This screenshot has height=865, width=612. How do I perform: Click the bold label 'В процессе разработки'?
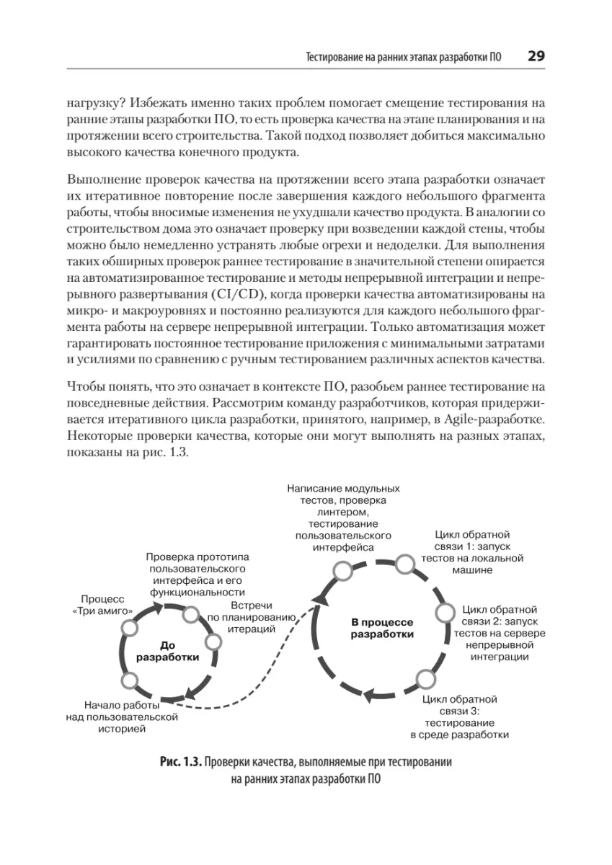[x=381, y=627]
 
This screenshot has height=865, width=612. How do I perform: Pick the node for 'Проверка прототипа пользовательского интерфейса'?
[x=191, y=615]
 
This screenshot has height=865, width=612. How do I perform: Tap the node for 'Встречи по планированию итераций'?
[x=213, y=642]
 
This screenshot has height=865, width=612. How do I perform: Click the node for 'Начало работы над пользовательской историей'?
[x=130, y=680]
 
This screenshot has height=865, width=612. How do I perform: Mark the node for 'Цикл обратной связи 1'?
[x=404, y=564]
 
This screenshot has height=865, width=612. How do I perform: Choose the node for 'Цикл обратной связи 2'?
[x=443, y=613]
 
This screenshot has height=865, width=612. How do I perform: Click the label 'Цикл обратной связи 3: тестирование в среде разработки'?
[x=459, y=717]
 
